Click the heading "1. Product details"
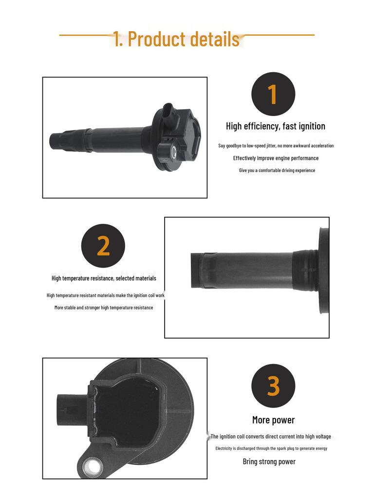[176, 39]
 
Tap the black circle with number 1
[273, 94]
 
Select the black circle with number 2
[103, 246]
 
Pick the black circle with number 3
[273, 386]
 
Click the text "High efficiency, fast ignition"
[276, 126]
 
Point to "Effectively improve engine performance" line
[276, 158]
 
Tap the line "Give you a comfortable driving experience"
[277, 170]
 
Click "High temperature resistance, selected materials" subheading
[104, 278]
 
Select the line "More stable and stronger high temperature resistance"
[104, 307]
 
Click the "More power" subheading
[274, 420]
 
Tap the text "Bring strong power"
[269, 461]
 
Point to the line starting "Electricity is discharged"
[271, 448]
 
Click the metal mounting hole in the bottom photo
[93, 467]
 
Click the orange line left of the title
[87, 35]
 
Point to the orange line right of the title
[278, 35]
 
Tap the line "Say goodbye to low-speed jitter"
[276, 146]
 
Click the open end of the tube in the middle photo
[193, 270]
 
